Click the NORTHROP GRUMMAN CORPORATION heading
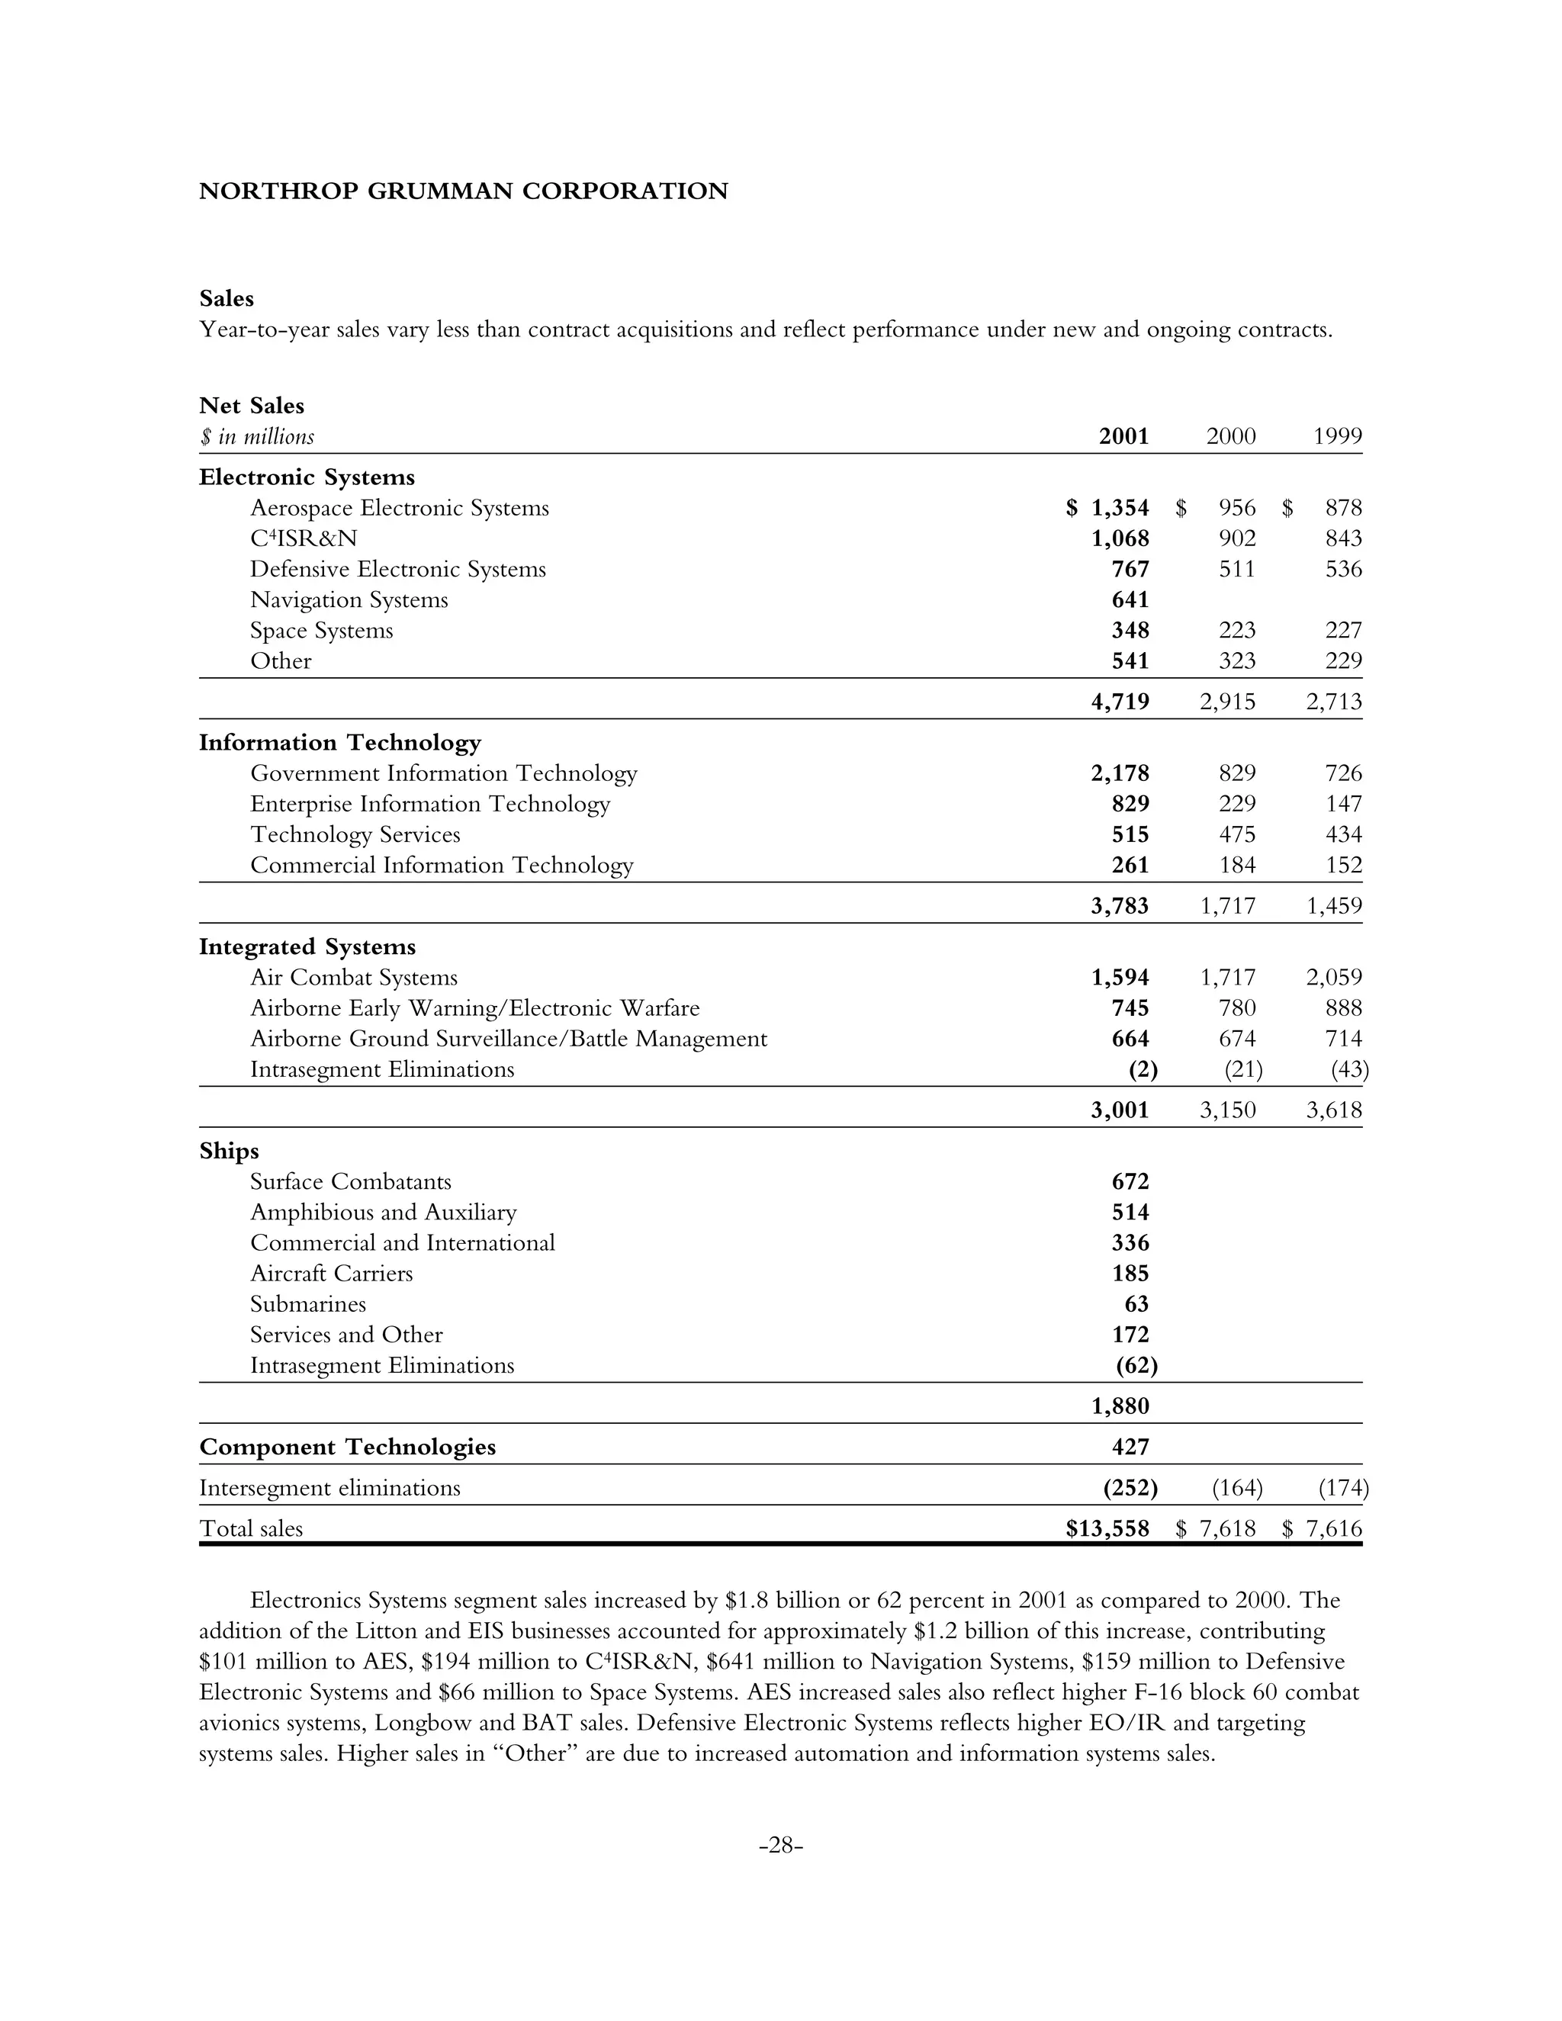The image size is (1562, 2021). click(463, 191)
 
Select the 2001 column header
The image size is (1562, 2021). click(1123, 435)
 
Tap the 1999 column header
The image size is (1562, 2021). click(1337, 435)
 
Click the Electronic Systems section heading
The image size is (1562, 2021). click(307, 477)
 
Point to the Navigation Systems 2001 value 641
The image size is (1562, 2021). click(1130, 599)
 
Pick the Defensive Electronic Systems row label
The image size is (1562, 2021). click(398, 569)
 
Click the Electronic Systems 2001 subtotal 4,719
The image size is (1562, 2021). click(1120, 702)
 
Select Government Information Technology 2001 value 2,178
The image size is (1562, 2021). click(1120, 773)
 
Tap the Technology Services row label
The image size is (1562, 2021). click(355, 834)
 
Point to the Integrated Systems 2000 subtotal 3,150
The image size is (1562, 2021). click(1227, 1110)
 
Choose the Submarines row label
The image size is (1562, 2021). click(308, 1304)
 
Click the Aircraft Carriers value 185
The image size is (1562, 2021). click(1130, 1274)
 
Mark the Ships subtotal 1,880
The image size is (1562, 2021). click(1120, 1406)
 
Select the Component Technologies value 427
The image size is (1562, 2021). click(1130, 1447)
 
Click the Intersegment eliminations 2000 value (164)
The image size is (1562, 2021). click(1237, 1488)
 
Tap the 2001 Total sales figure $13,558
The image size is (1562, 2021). click(1107, 1528)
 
